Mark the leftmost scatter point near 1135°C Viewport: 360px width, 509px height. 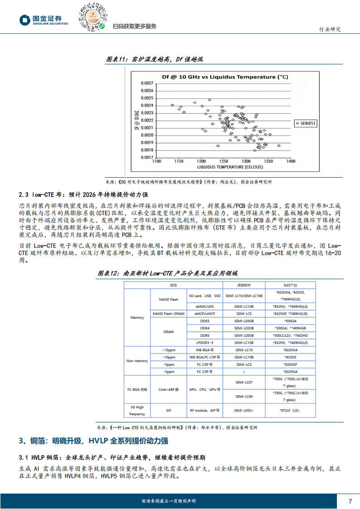pyautogui.click(x=173, y=105)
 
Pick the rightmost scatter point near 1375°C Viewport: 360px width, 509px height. pyautogui.click(x=279, y=145)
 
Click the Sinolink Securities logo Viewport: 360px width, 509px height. pyautogui.click(x=44, y=20)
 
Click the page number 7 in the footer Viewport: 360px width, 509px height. pyautogui.click(x=350, y=501)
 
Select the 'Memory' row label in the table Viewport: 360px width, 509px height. pyautogui.click(x=137, y=317)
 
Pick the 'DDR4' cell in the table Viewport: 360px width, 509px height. pyautogui.click(x=204, y=328)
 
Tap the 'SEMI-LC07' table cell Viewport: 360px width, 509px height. pyautogui.click(x=243, y=383)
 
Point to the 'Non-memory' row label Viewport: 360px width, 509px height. pyautogui.click(x=137, y=361)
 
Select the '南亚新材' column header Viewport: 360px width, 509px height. pyautogui.click(x=243, y=286)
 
